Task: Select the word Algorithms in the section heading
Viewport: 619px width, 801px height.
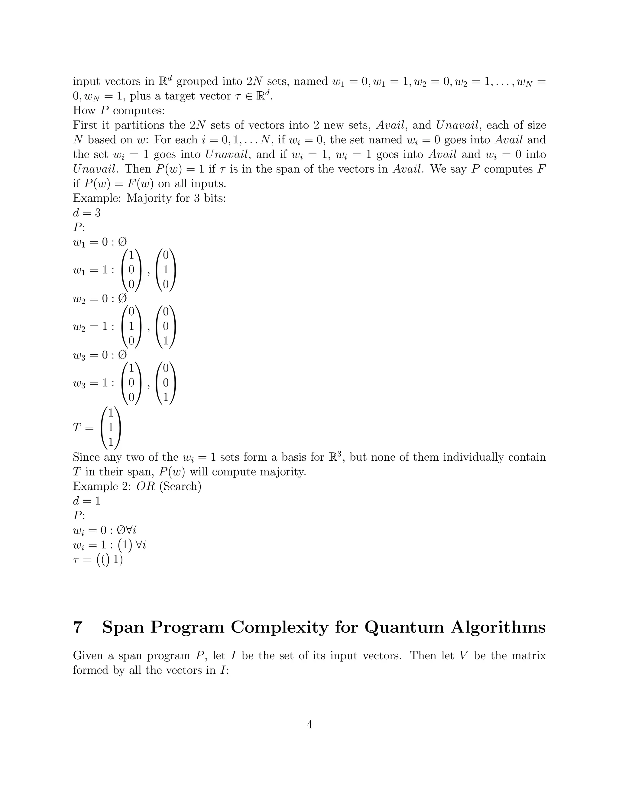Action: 498,628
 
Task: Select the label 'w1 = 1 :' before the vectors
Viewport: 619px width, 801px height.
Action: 93,270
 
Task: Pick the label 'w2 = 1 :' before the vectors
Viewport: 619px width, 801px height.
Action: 93,327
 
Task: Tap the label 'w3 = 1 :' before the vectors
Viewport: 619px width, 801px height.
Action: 93,383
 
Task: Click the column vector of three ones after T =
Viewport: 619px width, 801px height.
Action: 111,428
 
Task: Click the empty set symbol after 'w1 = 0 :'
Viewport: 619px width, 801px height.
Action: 122,242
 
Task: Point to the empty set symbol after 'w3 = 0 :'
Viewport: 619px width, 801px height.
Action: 122,355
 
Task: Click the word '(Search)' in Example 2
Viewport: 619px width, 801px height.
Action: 180,486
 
